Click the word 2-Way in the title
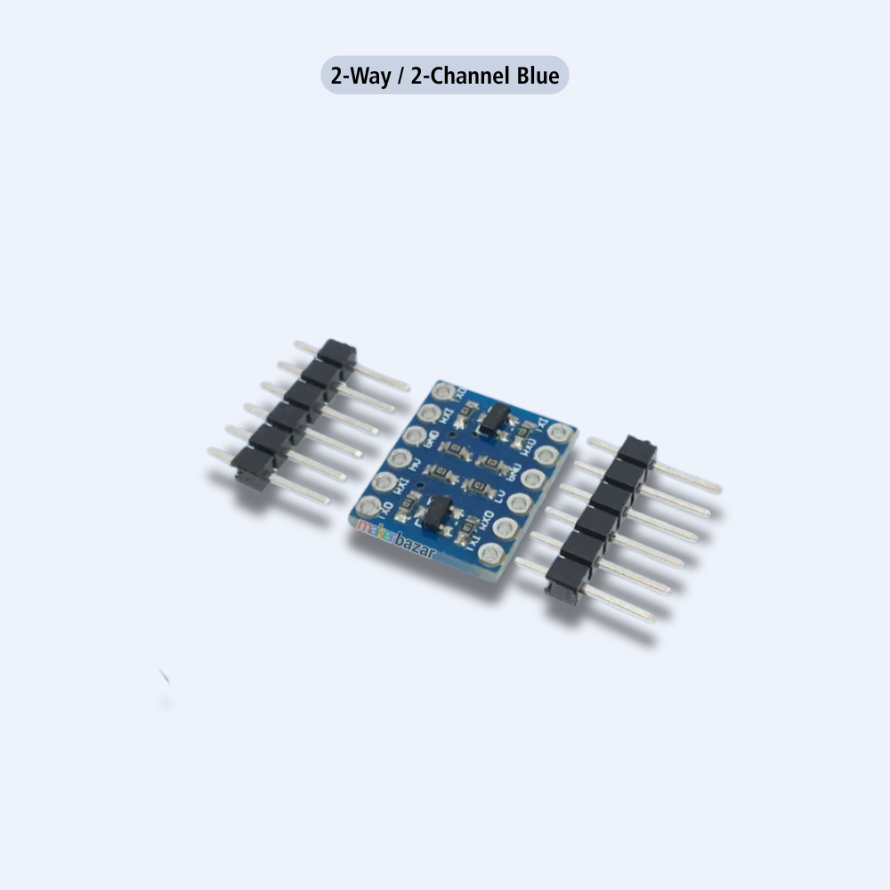coord(360,76)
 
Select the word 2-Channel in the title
coord(460,76)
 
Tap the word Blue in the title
coord(538,76)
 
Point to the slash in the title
coord(400,76)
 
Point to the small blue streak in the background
coord(164,676)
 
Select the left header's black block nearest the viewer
coord(252,466)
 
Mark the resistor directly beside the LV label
coord(481,486)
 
